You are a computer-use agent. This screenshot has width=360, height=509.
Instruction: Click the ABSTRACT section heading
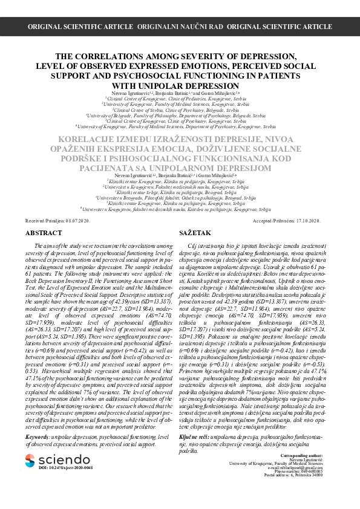tap(44, 233)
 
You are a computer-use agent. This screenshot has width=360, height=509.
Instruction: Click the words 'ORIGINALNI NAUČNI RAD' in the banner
tap(180, 27)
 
